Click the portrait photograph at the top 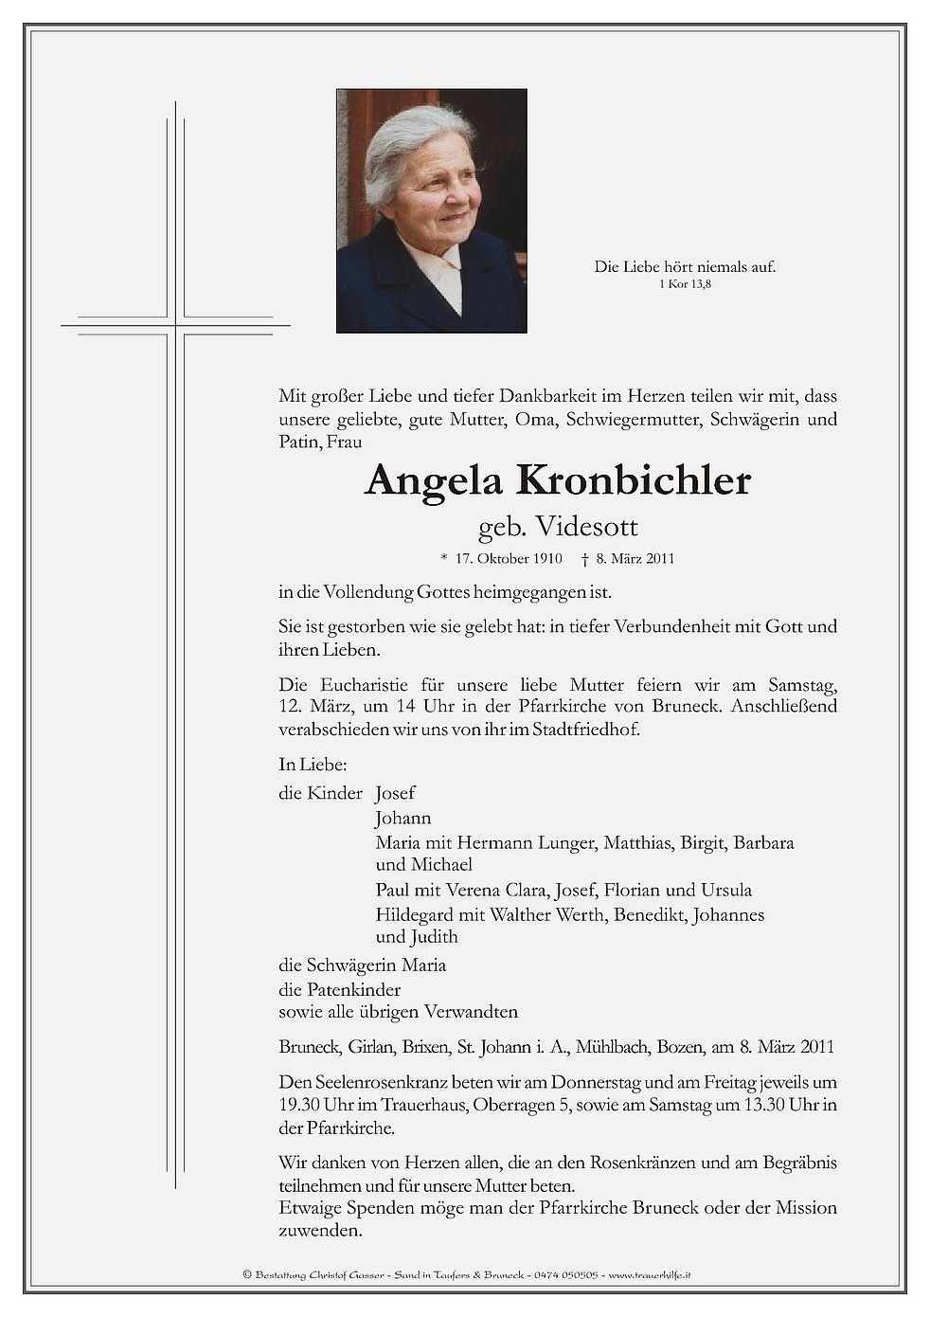click(431, 210)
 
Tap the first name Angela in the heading click(434, 480)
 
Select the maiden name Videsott click(586, 526)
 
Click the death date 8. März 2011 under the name click(635, 558)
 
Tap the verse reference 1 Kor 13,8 click(685, 284)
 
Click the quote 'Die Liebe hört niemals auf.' click(685, 267)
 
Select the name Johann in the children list click(402, 818)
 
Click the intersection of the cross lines click(175, 326)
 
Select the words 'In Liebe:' click(313, 764)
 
